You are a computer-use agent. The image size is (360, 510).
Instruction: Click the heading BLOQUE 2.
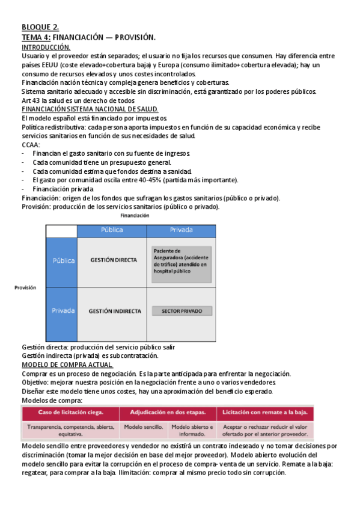pos(40,28)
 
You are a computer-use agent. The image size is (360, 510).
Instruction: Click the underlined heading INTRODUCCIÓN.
pos(46,47)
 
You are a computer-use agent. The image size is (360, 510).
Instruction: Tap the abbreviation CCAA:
pos(31,144)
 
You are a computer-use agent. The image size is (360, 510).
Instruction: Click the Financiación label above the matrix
pos(135,215)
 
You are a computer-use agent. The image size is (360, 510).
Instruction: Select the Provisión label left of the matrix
pos(25,287)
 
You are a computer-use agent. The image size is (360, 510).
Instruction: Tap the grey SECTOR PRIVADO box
pos(181,311)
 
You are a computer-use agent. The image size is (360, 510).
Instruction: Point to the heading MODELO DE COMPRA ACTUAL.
pos(67,364)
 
